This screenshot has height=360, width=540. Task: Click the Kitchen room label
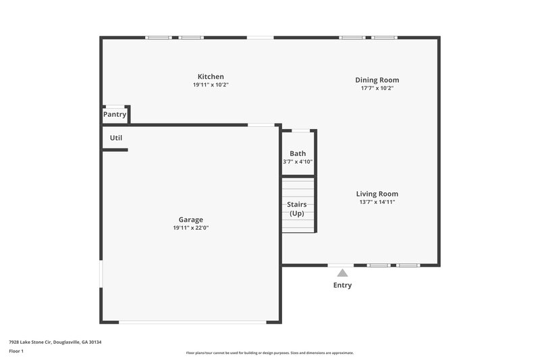[x=211, y=76]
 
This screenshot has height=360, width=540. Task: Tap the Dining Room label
[x=377, y=80]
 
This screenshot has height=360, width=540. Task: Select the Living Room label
[x=377, y=194]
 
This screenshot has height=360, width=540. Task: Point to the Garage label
[x=190, y=220]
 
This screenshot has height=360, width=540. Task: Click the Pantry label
[x=114, y=115]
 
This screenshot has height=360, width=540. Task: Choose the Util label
[x=116, y=138]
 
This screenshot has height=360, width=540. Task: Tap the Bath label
[x=297, y=154]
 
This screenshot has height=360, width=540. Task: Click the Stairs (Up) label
[x=297, y=209]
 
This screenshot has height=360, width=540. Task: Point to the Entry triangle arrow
[x=342, y=273]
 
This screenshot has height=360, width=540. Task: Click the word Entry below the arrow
[x=342, y=285]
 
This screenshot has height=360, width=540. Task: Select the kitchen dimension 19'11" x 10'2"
[x=211, y=85]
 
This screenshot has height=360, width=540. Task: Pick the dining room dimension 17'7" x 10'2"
[x=377, y=88]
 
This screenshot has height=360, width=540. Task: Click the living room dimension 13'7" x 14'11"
[x=377, y=202]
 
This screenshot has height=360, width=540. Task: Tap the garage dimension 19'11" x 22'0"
[x=190, y=228]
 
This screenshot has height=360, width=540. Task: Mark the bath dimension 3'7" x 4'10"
[x=297, y=162]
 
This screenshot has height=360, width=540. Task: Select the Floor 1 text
[x=16, y=351]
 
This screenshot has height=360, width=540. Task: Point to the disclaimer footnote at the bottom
[x=269, y=353]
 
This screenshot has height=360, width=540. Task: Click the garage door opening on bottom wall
[x=192, y=322]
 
